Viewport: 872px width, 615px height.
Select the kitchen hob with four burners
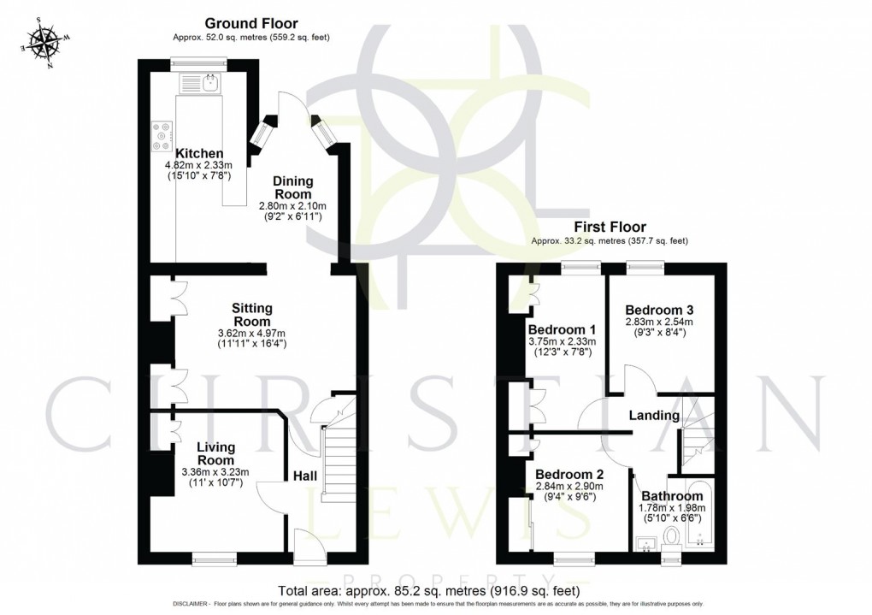point(161,135)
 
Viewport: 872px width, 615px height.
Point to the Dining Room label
point(292,188)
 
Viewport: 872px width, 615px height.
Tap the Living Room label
point(215,452)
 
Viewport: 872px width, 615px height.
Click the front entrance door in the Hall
point(305,543)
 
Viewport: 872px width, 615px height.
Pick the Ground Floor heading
point(251,24)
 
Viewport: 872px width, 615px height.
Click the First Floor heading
point(609,228)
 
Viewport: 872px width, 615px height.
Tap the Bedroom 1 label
point(561,329)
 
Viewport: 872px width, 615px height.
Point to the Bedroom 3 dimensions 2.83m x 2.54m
point(658,322)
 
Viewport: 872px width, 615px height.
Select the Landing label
point(654,416)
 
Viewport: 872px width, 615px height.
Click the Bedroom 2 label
point(569,475)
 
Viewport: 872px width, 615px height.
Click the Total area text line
point(430,591)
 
